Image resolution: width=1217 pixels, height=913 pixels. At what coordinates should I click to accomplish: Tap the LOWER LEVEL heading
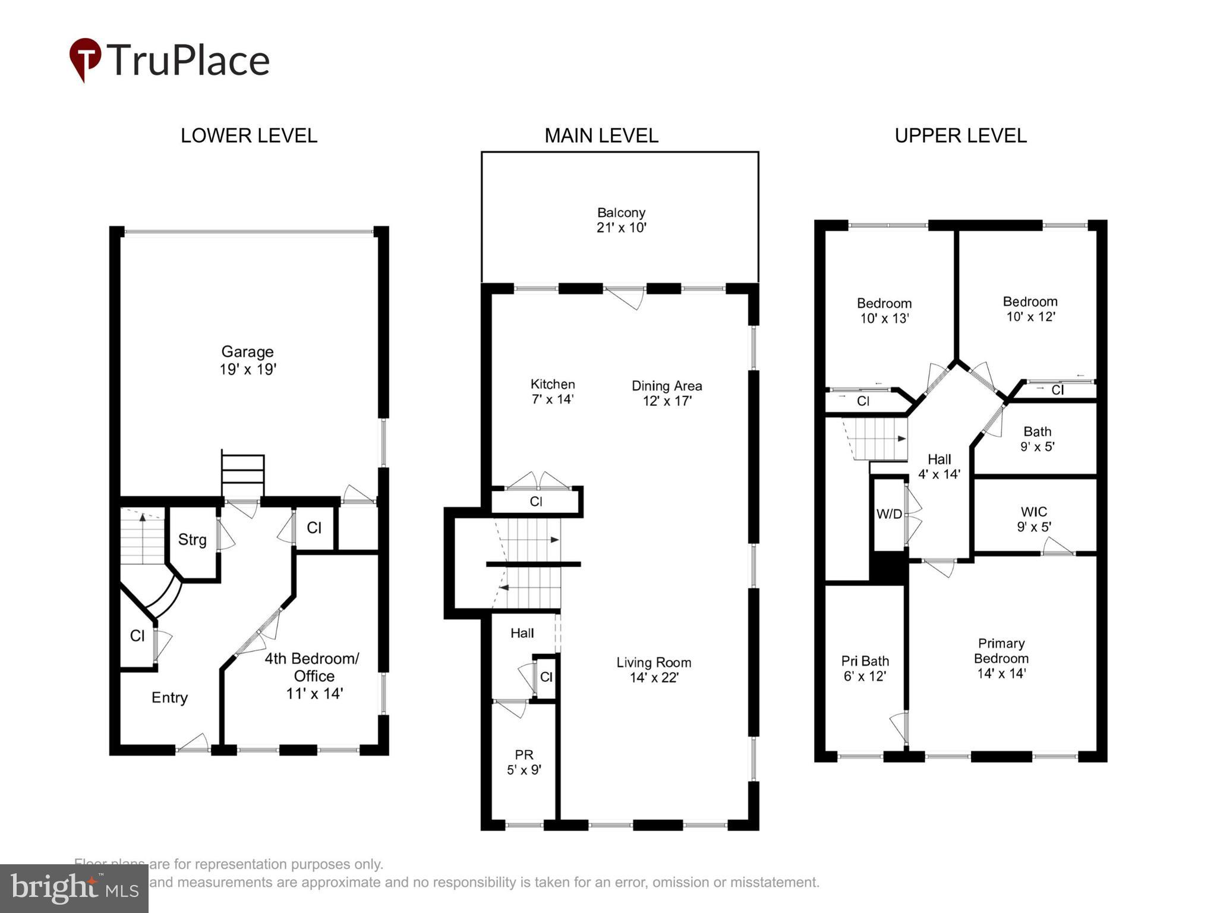pos(248,136)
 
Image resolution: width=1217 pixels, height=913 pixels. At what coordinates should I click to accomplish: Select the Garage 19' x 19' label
pos(248,360)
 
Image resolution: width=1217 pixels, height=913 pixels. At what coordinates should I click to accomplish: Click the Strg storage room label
pos(192,540)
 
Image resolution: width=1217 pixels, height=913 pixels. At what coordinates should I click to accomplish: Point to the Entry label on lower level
pos(169,697)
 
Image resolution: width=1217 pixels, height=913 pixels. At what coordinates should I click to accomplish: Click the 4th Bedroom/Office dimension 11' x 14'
pos(314,693)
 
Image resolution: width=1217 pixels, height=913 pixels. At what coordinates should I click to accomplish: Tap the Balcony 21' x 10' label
pos(621,220)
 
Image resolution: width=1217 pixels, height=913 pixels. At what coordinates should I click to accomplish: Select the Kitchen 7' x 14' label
pos(553,391)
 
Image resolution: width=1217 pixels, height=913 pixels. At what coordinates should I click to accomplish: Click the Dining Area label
pos(667,386)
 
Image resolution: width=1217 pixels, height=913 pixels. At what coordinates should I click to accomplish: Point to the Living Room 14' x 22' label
pos(654,670)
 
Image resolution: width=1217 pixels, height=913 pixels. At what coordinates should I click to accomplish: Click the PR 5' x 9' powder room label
pos(524,762)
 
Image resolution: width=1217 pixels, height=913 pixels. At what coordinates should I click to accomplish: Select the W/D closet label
pos(889,514)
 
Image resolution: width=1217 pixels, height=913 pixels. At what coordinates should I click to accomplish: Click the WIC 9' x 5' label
pos(1034,519)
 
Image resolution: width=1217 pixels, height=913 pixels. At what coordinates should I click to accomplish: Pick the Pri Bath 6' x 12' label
pos(865,668)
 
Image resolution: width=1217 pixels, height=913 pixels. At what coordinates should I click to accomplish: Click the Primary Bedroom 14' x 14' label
pos(1001,658)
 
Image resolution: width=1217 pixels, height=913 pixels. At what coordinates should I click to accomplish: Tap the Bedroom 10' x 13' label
pos(884,310)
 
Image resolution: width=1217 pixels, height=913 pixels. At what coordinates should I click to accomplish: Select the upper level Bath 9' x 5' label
pos(1037,439)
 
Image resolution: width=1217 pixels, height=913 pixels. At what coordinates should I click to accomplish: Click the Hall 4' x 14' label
pos(939,467)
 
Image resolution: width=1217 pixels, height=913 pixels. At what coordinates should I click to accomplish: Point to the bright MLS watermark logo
pos(74,888)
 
